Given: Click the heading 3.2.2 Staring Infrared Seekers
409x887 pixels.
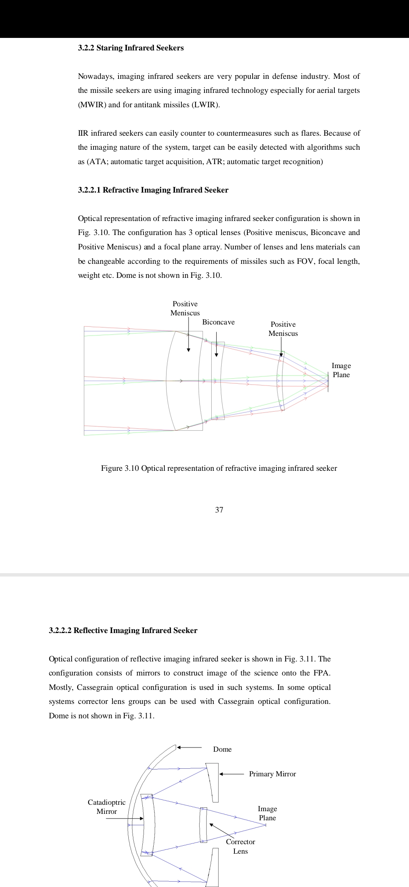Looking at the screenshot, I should [x=131, y=48].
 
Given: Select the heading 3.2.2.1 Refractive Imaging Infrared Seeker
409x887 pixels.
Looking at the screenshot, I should [x=153, y=190].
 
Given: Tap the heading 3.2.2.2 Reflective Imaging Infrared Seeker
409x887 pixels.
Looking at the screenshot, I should [x=123, y=630].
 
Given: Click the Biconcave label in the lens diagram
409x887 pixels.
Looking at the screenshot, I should [x=218, y=322].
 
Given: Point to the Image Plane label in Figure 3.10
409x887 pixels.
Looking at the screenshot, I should [x=341, y=370].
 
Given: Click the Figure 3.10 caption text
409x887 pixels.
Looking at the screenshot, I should [x=219, y=468].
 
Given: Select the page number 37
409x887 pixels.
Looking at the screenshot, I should [x=219, y=510].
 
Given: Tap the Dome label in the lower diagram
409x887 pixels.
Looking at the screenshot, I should [x=222, y=749].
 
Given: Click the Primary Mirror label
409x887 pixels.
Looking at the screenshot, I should [x=272, y=774].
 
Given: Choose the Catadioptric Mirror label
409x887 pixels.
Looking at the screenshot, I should [x=106, y=807].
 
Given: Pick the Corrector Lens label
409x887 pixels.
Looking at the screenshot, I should [x=240, y=846].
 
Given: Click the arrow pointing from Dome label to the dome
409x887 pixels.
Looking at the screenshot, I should [x=189, y=748].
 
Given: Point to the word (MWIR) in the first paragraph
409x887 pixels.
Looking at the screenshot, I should [x=92, y=105].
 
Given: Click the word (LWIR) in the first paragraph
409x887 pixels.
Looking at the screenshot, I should [x=206, y=105].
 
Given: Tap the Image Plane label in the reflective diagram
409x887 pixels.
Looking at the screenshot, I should [x=267, y=813].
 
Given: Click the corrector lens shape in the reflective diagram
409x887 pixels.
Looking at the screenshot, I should [x=203, y=824].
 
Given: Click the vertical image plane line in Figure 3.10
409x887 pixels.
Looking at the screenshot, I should [x=328, y=381].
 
